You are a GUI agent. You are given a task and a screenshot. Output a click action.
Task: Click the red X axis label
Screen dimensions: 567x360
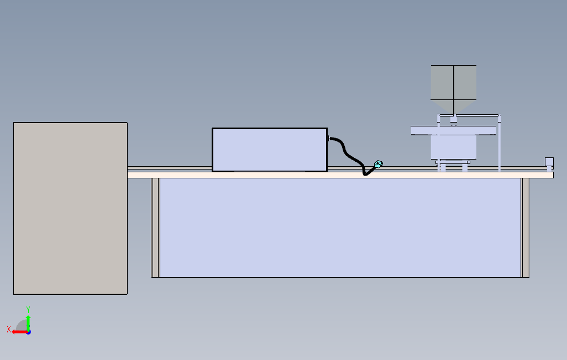[9, 329]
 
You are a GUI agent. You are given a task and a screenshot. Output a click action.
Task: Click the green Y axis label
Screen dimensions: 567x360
[28, 310]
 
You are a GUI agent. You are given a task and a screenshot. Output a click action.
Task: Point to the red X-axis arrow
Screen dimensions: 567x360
[19, 332]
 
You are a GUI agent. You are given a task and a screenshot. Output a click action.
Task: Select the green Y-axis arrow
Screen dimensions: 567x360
[28, 322]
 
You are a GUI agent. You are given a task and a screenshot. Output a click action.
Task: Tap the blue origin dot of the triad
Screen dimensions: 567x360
[29, 332]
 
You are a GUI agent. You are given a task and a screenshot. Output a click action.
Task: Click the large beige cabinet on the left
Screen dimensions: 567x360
[70, 208]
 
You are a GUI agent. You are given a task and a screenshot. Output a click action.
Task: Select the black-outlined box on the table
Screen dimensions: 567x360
[270, 150]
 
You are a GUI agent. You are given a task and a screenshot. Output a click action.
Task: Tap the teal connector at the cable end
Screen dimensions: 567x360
[379, 165]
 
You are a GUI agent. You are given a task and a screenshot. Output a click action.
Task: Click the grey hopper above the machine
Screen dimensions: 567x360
[454, 89]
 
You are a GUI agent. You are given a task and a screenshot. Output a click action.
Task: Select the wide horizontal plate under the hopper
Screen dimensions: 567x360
[454, 130]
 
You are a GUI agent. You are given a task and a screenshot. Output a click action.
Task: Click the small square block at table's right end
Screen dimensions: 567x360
[549, 162]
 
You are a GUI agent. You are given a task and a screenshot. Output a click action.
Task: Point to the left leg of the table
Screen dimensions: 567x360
[155, 227]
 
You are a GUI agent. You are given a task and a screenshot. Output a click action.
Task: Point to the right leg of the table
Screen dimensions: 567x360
[525, 227]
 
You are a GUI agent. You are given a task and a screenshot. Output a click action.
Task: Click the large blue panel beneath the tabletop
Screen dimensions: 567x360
[340, 227]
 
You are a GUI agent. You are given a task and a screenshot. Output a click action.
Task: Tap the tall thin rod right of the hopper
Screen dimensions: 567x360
[500, 142]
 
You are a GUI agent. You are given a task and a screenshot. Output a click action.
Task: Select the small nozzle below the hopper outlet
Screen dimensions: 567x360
[454, 120]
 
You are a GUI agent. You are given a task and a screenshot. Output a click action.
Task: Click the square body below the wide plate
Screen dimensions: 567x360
[454, 147]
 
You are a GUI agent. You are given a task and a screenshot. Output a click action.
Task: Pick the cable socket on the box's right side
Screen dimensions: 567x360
[329, 139]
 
